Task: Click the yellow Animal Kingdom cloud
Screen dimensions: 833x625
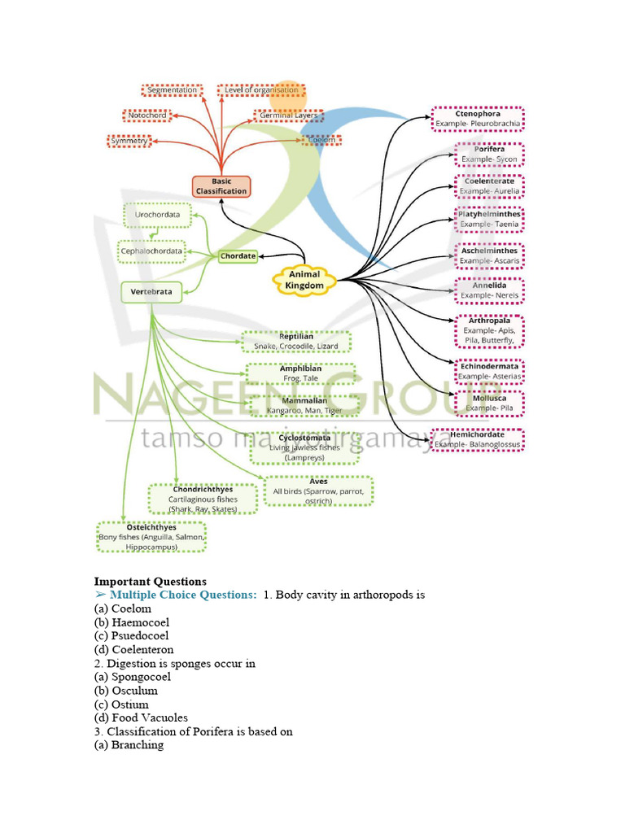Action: pos(305,281)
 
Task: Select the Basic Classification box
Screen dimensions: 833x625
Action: pos(221,186)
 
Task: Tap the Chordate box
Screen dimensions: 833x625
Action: pos(238,256)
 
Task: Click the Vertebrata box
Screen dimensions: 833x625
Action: pos(151,292)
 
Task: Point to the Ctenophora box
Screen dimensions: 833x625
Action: pos(478,119)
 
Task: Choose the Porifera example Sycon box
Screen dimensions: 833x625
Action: pos(489,155)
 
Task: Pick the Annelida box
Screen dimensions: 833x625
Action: pos(488,290)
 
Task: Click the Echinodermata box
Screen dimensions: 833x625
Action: pos(488,372)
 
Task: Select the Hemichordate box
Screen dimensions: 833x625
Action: pos(477,440)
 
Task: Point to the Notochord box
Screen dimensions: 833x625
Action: pos(147,116)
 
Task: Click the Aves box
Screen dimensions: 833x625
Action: pos(319,491)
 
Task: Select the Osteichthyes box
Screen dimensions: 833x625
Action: pos(152,538)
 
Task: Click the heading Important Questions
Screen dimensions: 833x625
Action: pos(150,582)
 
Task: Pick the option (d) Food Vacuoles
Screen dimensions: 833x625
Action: pos(141,717)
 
